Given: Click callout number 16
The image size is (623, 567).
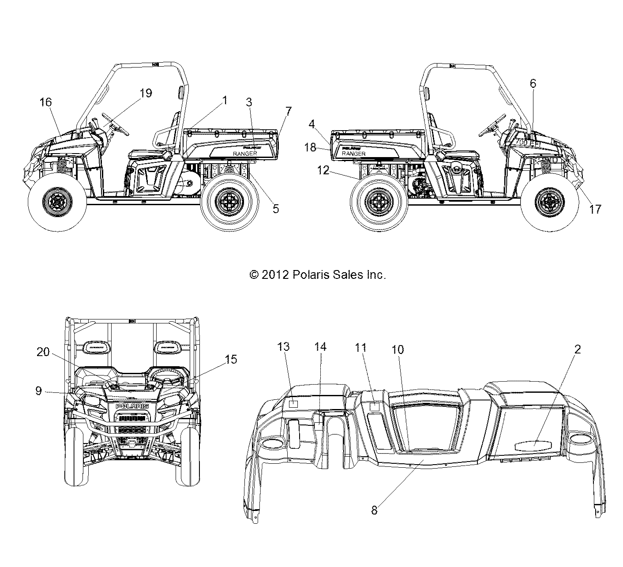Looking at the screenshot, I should click(45, 102).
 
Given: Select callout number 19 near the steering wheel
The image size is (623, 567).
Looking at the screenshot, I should click(146, 93).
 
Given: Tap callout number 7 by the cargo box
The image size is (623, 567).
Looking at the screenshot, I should click(289, 111).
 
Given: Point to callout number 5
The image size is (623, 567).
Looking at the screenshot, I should click(276, 209).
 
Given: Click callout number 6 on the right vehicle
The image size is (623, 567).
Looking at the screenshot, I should click(533, 83).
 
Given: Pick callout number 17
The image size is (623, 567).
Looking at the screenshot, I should click(595, 209).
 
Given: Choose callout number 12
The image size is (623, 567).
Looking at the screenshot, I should click(323, 170).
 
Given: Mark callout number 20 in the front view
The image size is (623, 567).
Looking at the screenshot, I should click(43, 364).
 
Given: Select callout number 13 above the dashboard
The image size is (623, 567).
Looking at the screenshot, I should click(283, 347).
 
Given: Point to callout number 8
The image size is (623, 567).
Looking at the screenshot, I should click(374, 510).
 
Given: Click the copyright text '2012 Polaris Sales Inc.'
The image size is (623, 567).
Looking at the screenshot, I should click(318, 275).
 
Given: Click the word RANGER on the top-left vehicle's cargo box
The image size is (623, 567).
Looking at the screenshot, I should click(245, 153).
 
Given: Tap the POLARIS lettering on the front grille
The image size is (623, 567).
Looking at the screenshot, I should click(132, 406).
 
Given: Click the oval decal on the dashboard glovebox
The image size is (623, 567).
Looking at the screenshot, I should click(535, 444).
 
